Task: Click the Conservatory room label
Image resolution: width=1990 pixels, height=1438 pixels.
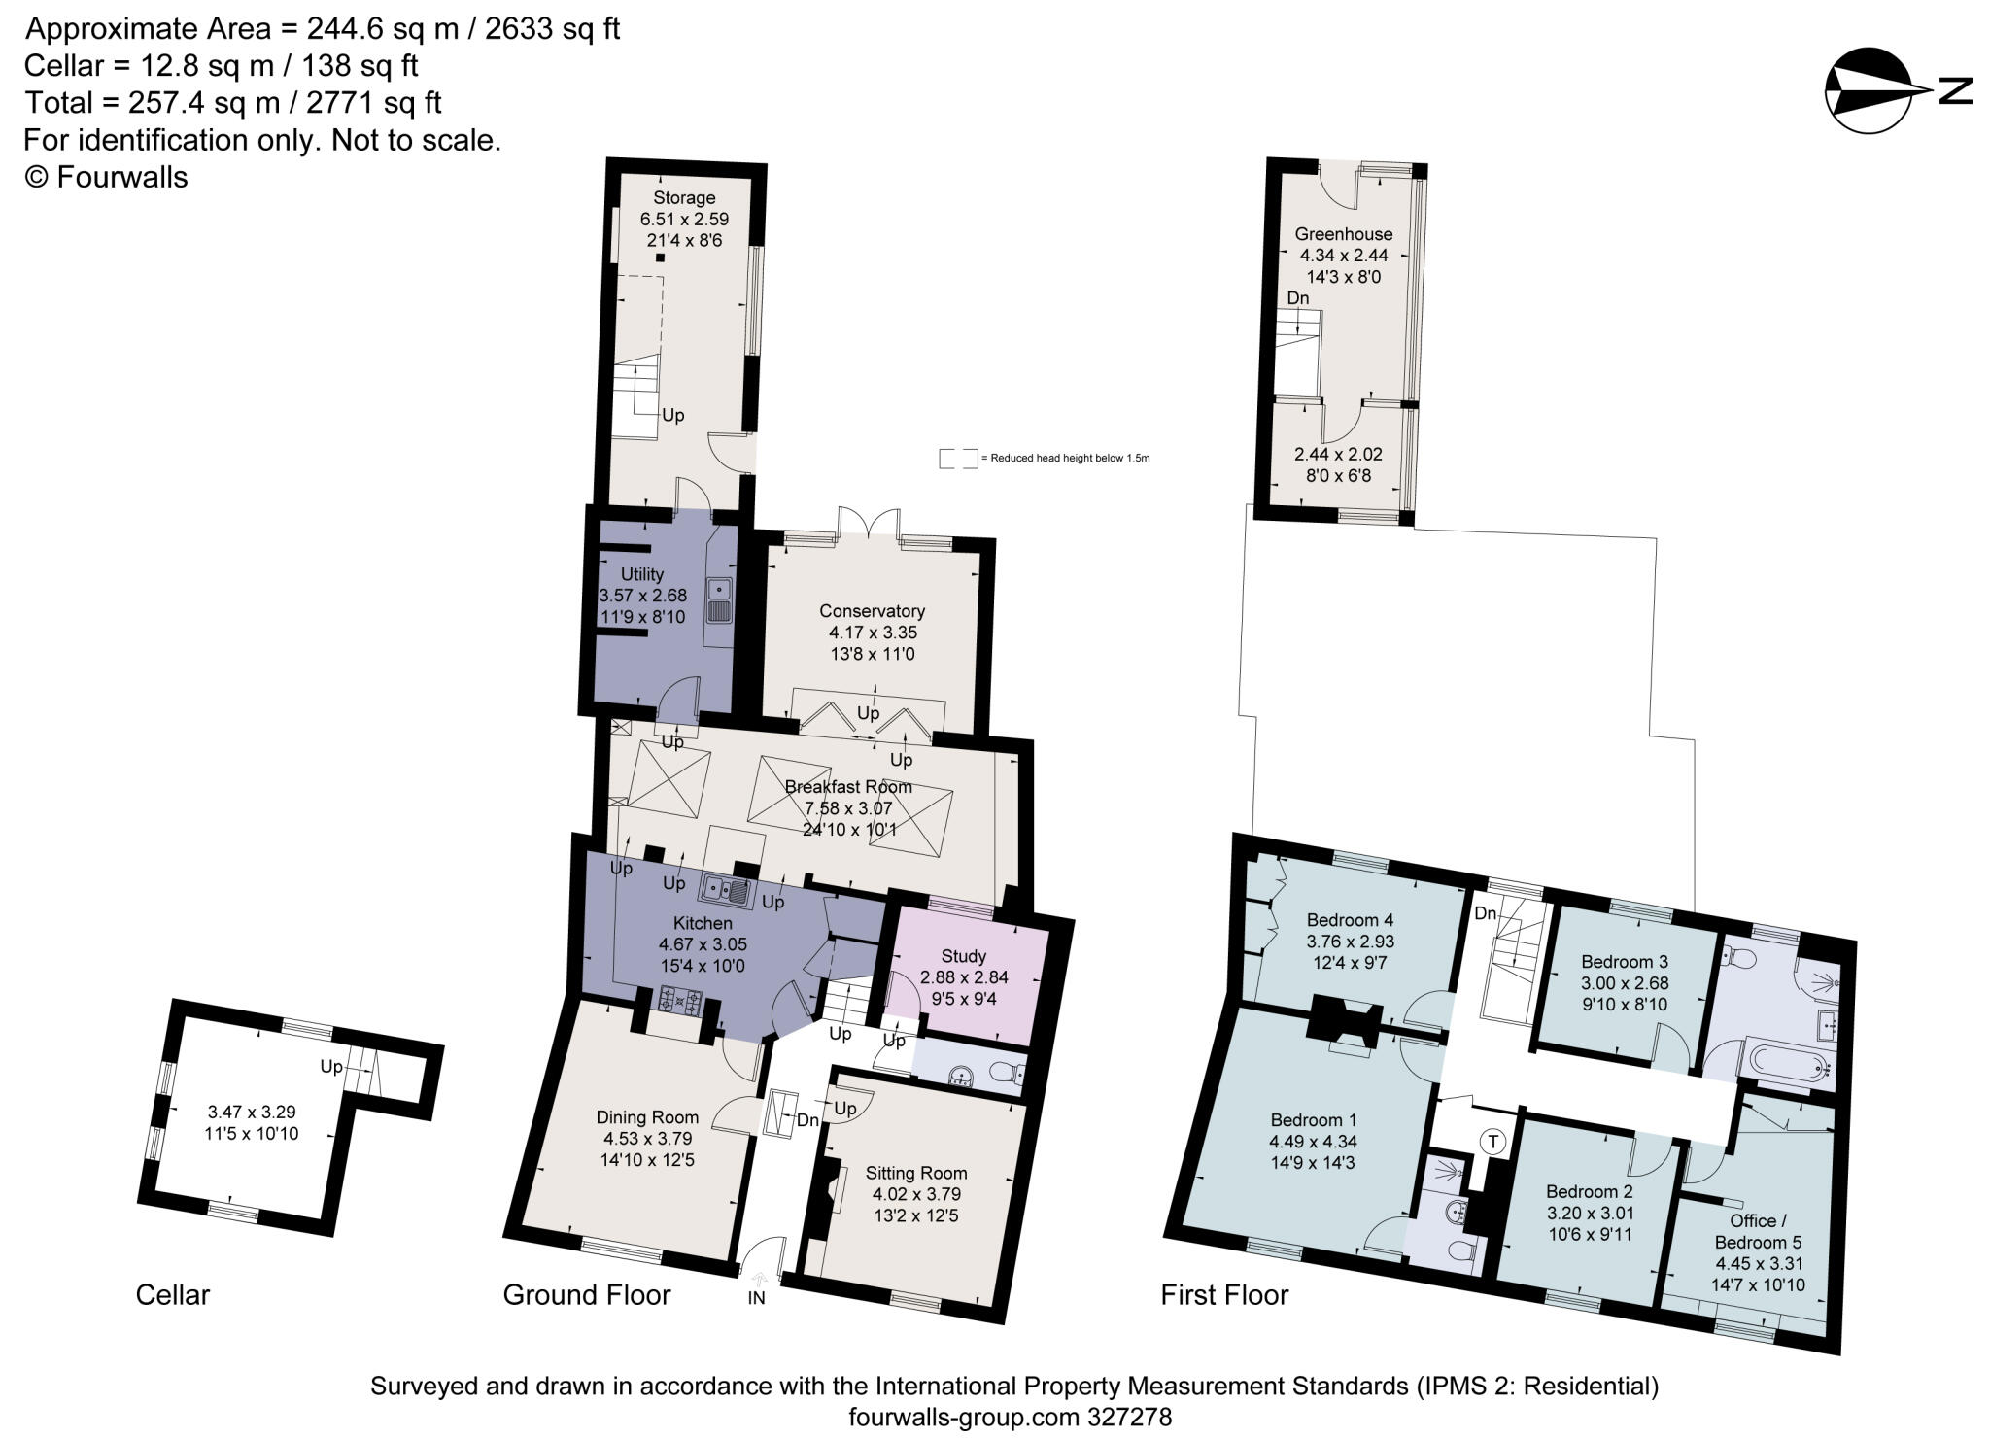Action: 872,611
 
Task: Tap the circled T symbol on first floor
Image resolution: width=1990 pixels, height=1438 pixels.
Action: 1492,1143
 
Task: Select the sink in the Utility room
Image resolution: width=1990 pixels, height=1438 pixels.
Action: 719,600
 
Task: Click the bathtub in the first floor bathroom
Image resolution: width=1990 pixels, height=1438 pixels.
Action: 1789,1066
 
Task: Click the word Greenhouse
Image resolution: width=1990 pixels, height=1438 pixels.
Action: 1343,234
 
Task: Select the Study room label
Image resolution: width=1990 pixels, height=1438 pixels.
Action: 963,956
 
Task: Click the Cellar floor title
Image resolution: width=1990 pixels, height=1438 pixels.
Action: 173,1295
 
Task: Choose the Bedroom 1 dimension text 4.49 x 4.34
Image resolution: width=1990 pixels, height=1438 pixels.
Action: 1313,1142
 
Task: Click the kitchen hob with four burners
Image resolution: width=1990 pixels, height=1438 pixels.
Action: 681,1001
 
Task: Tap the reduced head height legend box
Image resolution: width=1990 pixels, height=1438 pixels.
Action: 958,459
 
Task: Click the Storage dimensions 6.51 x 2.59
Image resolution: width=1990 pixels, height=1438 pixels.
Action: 684,220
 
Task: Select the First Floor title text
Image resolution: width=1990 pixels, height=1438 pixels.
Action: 1224,1295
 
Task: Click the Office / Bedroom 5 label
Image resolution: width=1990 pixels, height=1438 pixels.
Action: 1758,1231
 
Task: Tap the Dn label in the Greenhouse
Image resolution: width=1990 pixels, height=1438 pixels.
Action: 1298,298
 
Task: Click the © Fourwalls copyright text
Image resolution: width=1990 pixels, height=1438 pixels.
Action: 106,177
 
